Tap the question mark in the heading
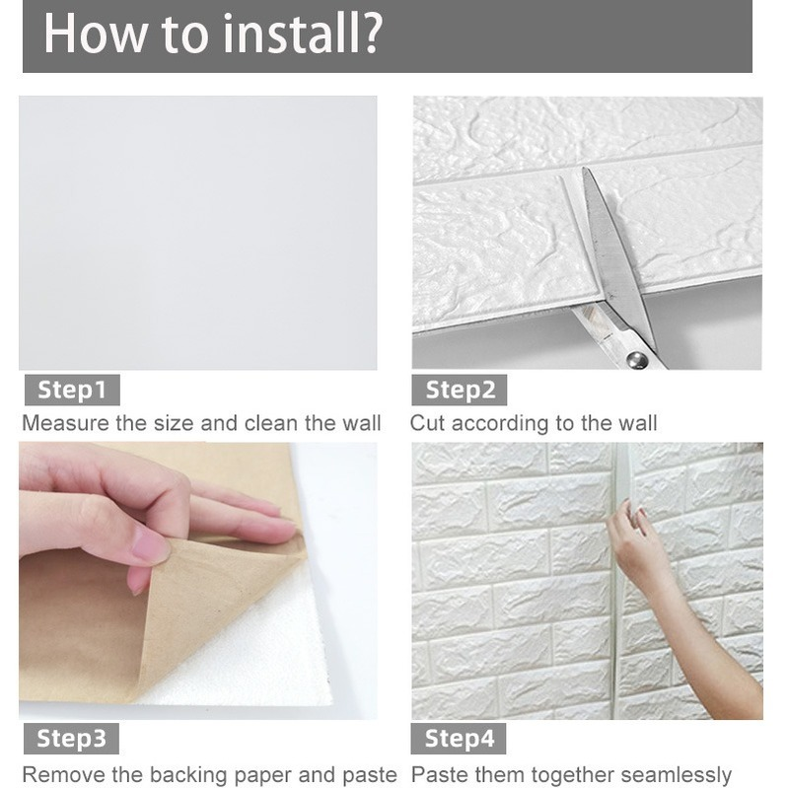373,34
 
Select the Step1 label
72,390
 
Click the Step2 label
460,390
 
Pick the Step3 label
71,739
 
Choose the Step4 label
459,739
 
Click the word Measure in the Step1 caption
65,423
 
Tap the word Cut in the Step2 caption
427,423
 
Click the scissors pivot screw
637,359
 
